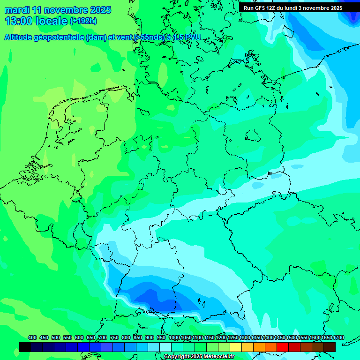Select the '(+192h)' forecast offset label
[83, 21]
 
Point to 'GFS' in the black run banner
[261, 8]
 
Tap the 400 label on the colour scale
[32, 337]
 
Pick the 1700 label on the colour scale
[326, 337]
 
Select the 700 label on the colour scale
[103, 337]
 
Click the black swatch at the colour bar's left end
[25, 347]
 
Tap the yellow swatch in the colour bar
[236, 347]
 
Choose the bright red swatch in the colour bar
[283, 347]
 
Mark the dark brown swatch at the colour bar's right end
[330, 347]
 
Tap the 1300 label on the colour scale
[244, 337]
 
